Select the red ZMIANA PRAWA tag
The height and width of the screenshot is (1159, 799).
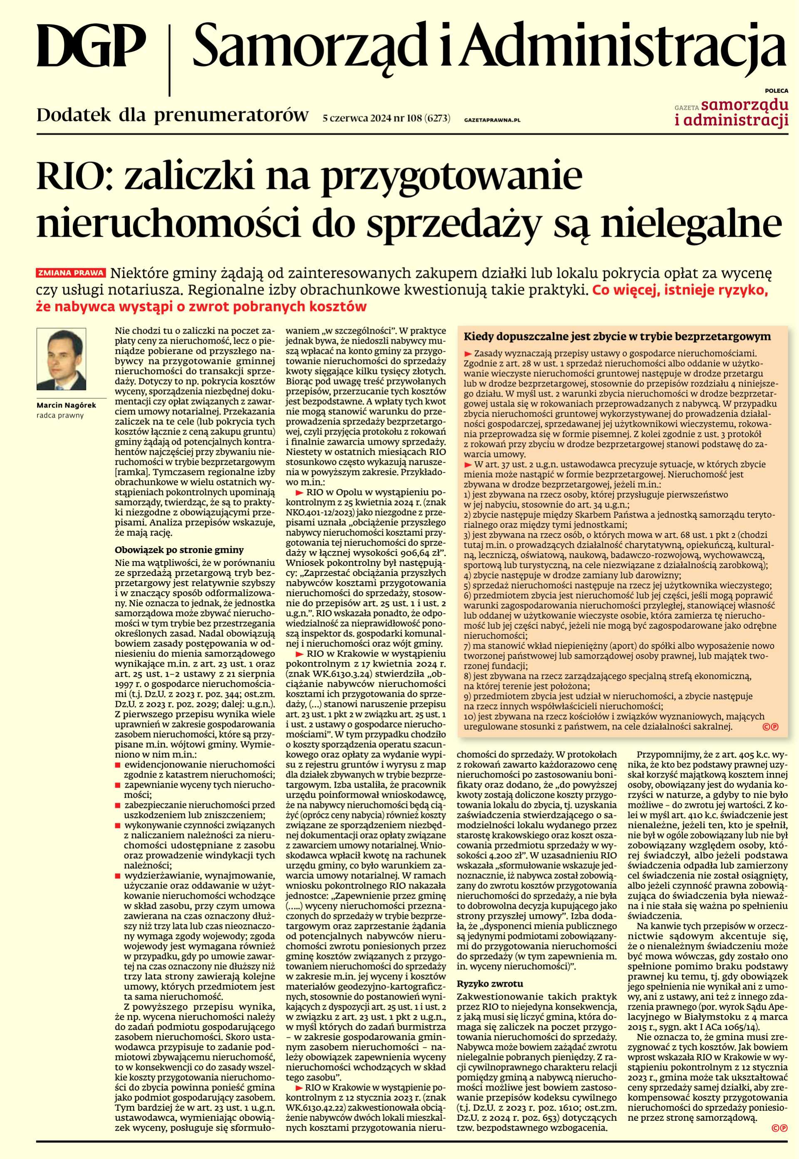click(71, 274)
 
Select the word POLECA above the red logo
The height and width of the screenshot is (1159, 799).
click(776, 91)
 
